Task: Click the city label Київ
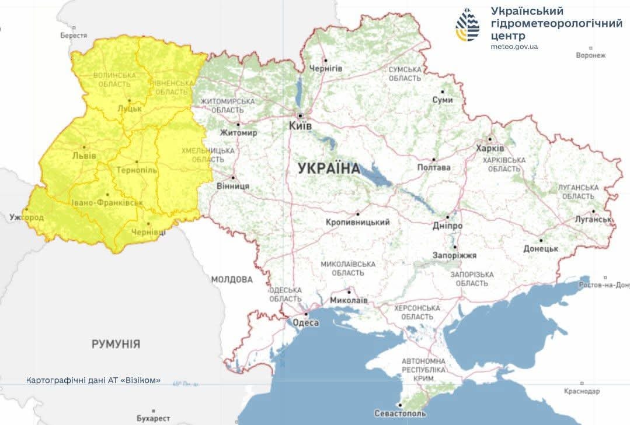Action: coord(301,125)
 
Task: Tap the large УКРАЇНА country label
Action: coord(329,168)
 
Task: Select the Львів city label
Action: coord(84,156)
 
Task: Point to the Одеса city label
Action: coord(305,323)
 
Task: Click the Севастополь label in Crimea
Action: coord(400,413)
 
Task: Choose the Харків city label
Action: coord(490,148)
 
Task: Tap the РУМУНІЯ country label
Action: coord(116,344)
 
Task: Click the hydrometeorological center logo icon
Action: coord(467,24)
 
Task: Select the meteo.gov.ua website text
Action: coord(514,47)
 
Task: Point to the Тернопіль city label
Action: coord(137,170)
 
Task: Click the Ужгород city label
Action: coord(27,217)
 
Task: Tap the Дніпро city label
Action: coord(448,226)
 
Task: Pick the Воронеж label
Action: coord(590,55)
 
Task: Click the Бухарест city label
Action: coord(153,418)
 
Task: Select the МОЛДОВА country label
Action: coord(232,279)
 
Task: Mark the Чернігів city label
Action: coord(326,69)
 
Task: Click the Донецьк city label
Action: coord(541,248)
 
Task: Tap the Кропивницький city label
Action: coord(358,222)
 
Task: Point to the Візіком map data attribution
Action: coord(93,381)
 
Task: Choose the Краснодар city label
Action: coord(582,391)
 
